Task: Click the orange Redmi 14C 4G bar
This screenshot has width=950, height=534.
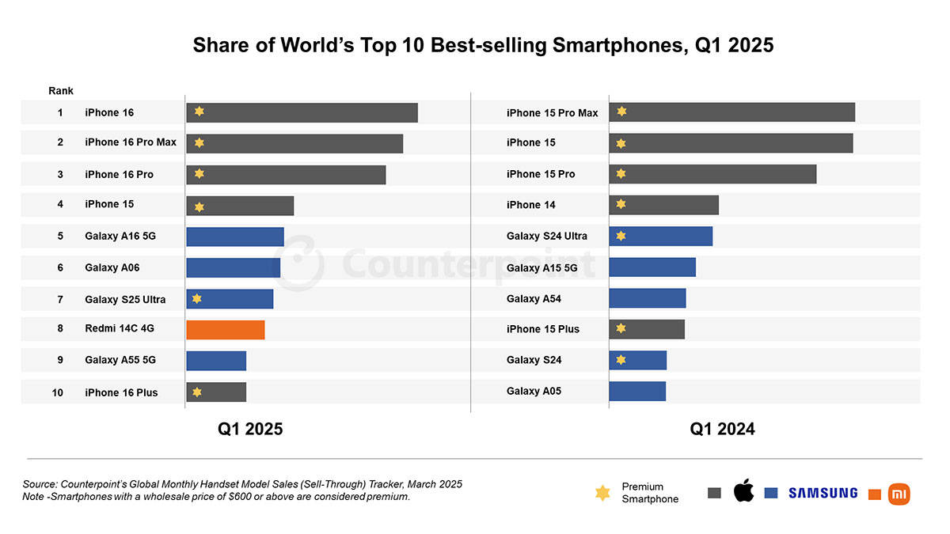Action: (x=226, y=330)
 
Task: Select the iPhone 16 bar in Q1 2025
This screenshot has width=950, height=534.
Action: (x=302, y=112)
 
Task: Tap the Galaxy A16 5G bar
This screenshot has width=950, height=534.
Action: (x=235, y=237)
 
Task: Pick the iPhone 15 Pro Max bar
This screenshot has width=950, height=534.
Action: (x=731, y=112)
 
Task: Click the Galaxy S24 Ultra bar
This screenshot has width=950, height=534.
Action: (x=660, y=236)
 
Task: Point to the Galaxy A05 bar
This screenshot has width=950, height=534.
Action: (x=637, y=391)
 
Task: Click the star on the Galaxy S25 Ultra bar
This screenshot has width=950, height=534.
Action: (x=197, y=298)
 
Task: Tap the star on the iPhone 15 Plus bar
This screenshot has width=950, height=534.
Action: (x=621, y=328)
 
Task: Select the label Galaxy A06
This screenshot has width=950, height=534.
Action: (x=112, y=267)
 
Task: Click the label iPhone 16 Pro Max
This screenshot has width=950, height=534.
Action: (x=131, y=142)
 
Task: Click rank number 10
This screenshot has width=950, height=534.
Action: (x=58, y=392)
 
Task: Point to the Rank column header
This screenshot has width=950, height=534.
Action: (x=61, y=91)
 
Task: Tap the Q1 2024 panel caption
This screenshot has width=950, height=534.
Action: (x=722, y=429)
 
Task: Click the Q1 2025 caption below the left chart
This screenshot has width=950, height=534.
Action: (x=250, y=429)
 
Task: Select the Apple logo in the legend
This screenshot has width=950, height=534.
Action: (x=743, y=491)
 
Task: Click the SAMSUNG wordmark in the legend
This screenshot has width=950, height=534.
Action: (x=823, y=493)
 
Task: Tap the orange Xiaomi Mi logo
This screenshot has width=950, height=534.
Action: (x=899, y=494)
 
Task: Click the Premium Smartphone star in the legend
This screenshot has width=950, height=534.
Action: (x=602, y=493)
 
